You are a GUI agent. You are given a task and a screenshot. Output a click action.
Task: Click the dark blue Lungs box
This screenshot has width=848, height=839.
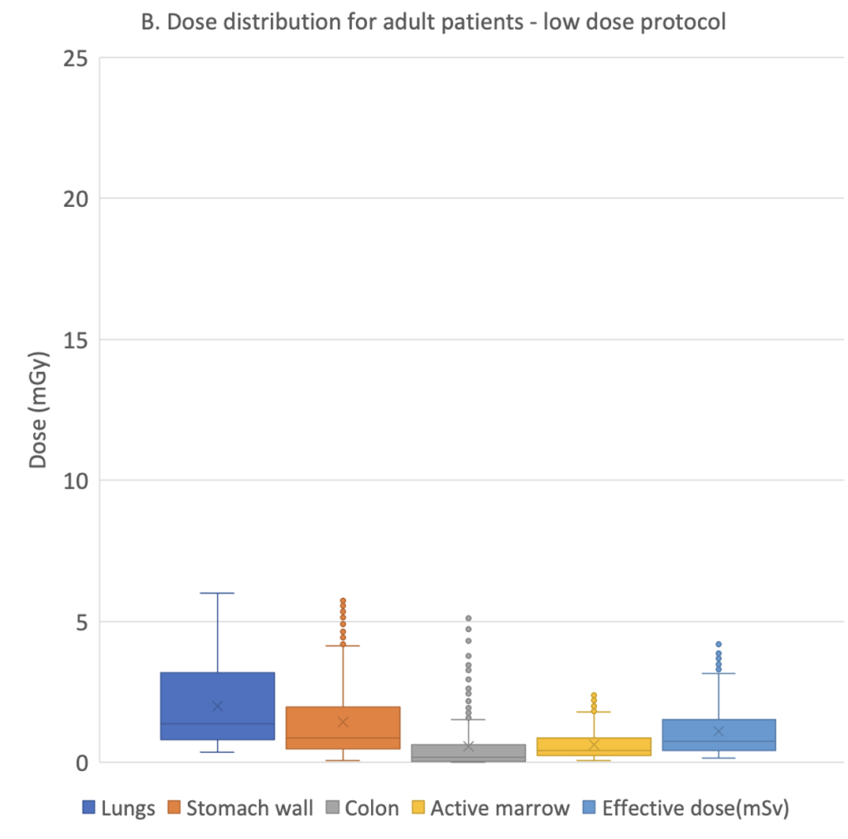pyautogui.click(x=218, y=706)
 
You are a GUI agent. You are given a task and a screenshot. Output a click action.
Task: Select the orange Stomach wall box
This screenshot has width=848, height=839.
pyautogui.click(x=343, y=727)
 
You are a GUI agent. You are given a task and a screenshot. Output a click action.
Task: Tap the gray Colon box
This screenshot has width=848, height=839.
pyautogui.click(x=469, y=753)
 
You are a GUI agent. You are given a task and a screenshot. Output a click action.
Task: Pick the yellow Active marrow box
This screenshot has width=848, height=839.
pyautogui.click(x=594, y=746)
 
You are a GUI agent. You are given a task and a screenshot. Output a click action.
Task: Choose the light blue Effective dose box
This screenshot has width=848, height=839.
pyautogui.click(x=719, y=735)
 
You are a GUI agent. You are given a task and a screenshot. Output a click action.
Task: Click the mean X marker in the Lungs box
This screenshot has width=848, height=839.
pyautogui.click(x=218, y=706)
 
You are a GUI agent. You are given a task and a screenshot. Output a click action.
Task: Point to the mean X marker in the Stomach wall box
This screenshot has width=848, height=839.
pyautogui.click(x=343, y=722)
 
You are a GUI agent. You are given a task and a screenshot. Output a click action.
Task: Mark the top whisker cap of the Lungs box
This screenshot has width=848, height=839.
pyautogui.click(x=218, y=593)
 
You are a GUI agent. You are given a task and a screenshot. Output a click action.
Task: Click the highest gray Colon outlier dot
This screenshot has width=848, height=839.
pyautogui.click(x=469, y=619)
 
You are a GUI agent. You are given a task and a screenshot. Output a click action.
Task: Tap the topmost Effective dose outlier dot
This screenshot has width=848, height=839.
pyautogui.click(x=719, y=644)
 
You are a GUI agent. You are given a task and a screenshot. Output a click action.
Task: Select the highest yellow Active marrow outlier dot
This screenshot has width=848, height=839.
pyautogui.click(x=594, y=695)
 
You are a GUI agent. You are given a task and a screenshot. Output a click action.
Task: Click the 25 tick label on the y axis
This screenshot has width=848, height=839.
pyautogui.click(x=75, y=59)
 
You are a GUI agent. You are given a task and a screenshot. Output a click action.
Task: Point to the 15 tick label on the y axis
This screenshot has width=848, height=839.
pyautogui.click(x=75, y=340)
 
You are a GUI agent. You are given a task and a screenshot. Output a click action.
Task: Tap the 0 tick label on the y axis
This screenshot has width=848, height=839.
pyautogui.click(x=82, y=763)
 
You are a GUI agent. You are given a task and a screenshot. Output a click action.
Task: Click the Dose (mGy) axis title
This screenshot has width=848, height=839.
pyautogui.click(x=38, y=409)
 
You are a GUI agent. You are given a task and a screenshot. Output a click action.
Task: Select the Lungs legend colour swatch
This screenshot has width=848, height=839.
pyautogui.click(x=89, y=807)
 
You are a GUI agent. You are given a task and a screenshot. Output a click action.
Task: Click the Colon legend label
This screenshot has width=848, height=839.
pyautogui.click(x=372, y=808)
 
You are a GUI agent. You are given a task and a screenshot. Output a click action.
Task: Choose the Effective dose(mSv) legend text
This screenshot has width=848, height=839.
pyautogui.click(x=696, y=808)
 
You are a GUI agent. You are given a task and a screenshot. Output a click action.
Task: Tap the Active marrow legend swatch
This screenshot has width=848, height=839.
pyautogui.click(x=418, y=807)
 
